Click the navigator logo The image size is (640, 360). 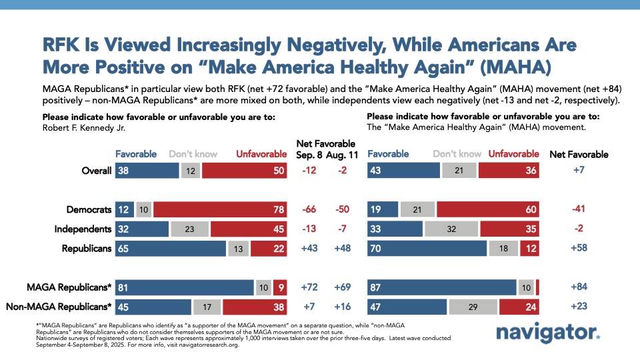pos(548,332)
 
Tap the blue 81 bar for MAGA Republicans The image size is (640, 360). pos(184,288)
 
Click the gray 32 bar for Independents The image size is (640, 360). pos(451,229)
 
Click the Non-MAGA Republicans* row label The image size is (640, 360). pos(58,307)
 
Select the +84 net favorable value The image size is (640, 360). pos(579,288)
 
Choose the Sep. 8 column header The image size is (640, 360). pos(308,154)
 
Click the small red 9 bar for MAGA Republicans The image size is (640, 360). pos(279,288)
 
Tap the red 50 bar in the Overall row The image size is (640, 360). pos(243,171)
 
